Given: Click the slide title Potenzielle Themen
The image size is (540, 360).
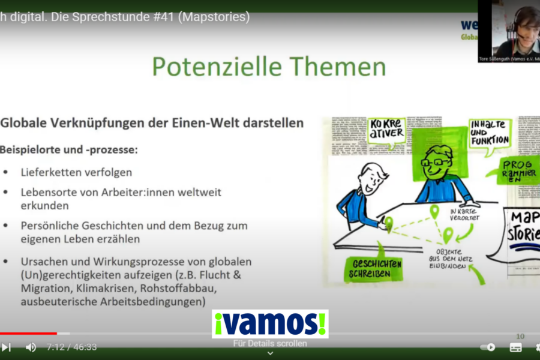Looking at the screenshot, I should point(268,67).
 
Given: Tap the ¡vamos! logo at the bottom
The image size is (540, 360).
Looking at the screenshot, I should point(269,323).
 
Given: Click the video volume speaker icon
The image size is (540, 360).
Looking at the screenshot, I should point(31,347).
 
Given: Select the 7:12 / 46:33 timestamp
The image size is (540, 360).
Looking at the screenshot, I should point(71,347).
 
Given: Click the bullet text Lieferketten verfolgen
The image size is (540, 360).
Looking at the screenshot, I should point(76,172).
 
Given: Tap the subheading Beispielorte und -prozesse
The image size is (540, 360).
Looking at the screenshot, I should point(68,149).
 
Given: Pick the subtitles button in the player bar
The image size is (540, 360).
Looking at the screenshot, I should point(515,347).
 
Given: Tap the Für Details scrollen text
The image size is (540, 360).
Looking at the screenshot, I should point(270,344).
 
